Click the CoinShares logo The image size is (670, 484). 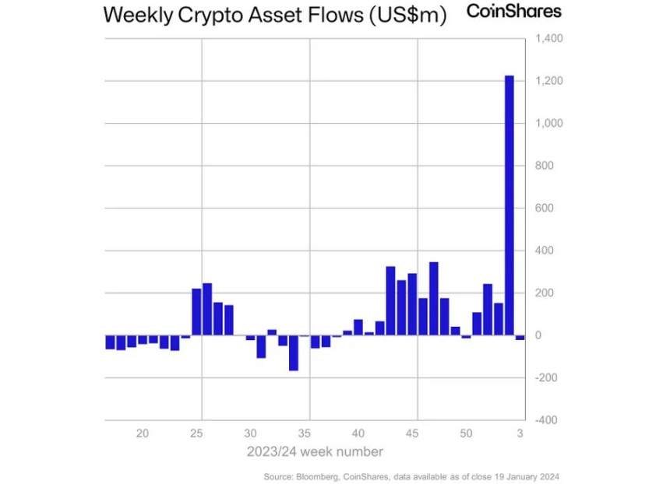[513, 12]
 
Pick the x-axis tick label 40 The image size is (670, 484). [358, 433]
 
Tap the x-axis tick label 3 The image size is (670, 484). [520, 433]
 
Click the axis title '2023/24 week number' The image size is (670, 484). [316, 451]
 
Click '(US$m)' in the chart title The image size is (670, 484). [407, 15]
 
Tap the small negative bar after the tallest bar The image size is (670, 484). [520, 338]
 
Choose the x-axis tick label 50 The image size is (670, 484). [466, 433]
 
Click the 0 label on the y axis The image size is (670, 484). [538, 335]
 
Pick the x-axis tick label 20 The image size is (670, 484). [143, 433]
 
